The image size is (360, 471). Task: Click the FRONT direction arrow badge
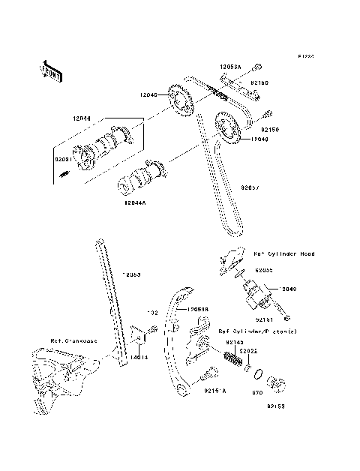tap(50, 69)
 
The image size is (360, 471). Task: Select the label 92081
tap(63, 159)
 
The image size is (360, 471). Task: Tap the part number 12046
tap(148, 94)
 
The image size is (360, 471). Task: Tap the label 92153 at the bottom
tap(277, 407)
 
